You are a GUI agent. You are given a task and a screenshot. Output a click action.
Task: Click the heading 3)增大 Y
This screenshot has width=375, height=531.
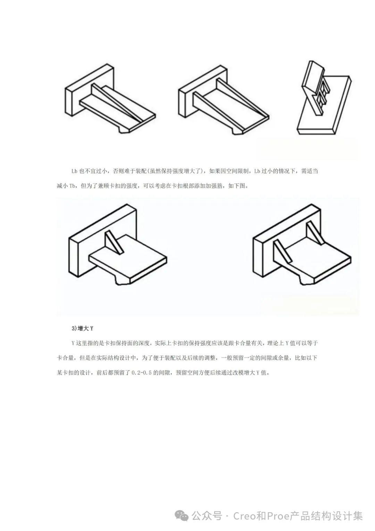(82, 328)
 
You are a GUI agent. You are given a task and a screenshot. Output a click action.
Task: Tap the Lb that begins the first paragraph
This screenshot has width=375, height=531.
(74, 171)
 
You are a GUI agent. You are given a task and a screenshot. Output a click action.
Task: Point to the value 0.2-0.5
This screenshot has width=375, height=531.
(141, 373)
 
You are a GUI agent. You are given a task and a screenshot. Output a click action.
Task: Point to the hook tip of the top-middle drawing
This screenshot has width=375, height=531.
(238, 131)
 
